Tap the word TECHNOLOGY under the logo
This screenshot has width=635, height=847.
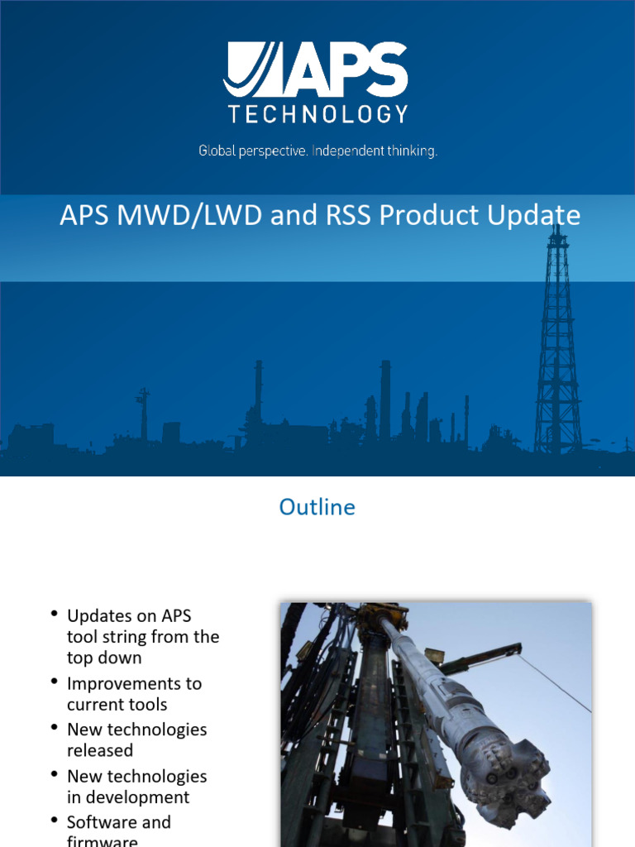[317, 114]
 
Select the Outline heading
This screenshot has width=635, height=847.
[317, 507]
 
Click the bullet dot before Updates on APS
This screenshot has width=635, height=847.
[55, 614]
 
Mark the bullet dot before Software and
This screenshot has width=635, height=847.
[55, 821]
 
